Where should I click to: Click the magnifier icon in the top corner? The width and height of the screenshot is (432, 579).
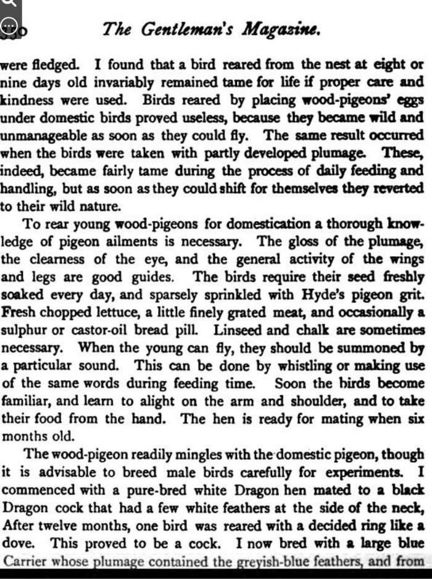point(8,5)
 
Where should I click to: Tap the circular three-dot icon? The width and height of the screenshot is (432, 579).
point(9,26)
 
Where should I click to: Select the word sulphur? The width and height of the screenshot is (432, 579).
point(23,330)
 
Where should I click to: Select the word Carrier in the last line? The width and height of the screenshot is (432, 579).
point(25,561)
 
